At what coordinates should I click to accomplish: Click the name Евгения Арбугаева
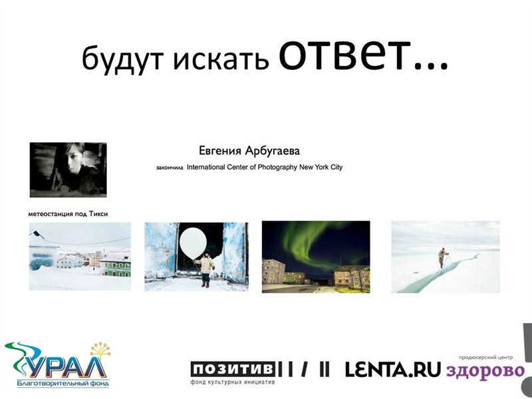[x=249, y=150]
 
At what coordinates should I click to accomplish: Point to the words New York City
[x=321, y=167]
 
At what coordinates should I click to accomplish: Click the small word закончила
[x=170, y=168]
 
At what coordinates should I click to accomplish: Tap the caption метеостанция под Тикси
[x=68, y=213]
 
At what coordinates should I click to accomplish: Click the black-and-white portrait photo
[x=68, y=170]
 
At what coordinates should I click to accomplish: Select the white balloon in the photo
[x=193, y=243]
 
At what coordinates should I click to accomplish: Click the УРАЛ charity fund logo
[x=58, y=364]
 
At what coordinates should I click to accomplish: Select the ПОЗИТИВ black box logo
[x=232, y=369]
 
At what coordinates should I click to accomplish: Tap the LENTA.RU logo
[x=393, y=370]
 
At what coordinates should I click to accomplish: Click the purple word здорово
[x=485, y=370]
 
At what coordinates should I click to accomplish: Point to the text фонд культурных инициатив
[x=232, y=382]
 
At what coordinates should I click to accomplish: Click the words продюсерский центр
[x=485, y=357]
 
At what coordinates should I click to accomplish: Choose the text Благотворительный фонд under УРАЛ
[x=63, y=384]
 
